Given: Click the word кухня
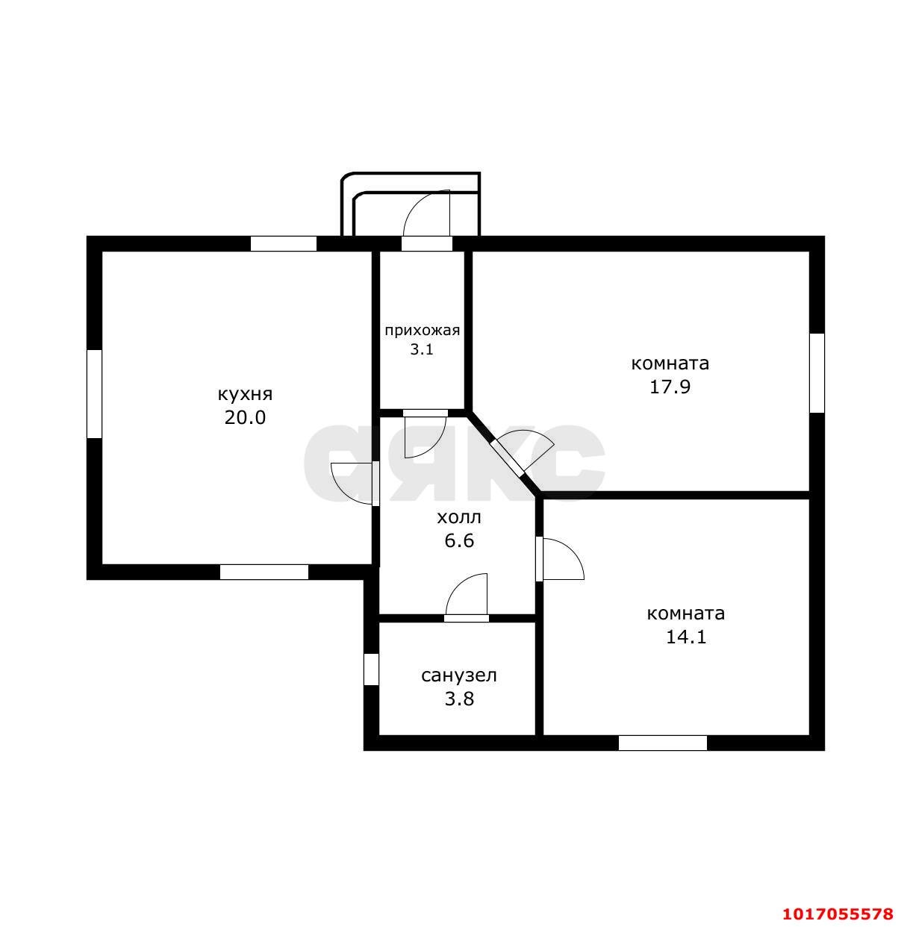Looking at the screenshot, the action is pyautogui.click(x=245, y=395).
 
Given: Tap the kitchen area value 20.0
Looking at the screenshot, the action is pyautogui.click(x=245, y=417).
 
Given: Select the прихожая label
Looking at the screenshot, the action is pyautogui.click(x=422, y=331).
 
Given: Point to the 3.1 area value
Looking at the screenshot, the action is pyautogui.click(x=422, y=349).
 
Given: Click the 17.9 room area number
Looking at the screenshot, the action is pyautogui.click(x=670, y=387).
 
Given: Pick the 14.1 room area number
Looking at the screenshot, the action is pyautogui.click(x=686, y=637).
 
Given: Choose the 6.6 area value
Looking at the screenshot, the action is pyautogui.click(x=459, y=540).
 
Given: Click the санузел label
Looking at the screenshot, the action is pyautogui.click(x=458, y=675).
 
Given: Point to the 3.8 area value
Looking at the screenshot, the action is pyautogui.click(x=459, y=699).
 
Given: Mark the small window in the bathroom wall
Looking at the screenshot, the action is pyautogui.click(x=371, y=669).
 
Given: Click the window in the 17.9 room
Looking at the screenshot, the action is pyautogui.click(x=817, y=373).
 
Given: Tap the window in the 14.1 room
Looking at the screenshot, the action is pyautogui.click(x=662, y=743).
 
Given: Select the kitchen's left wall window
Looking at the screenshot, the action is pyautogui.click(x=94, y=393).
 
